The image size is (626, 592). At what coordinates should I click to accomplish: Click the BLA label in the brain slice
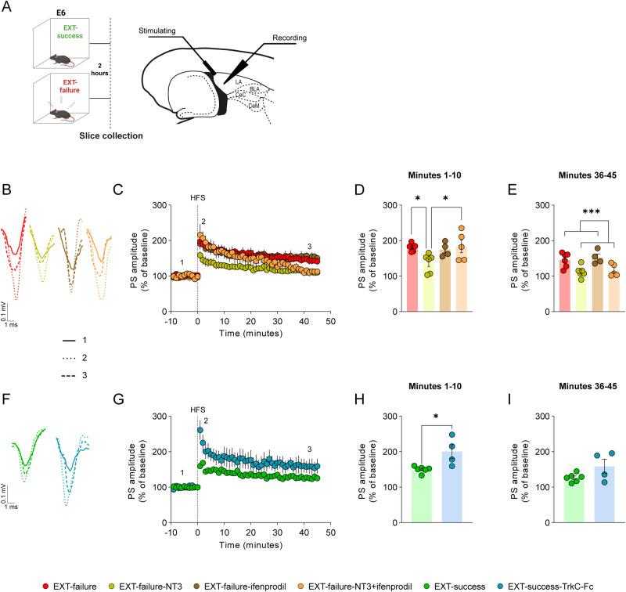click(x=254, y=89)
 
